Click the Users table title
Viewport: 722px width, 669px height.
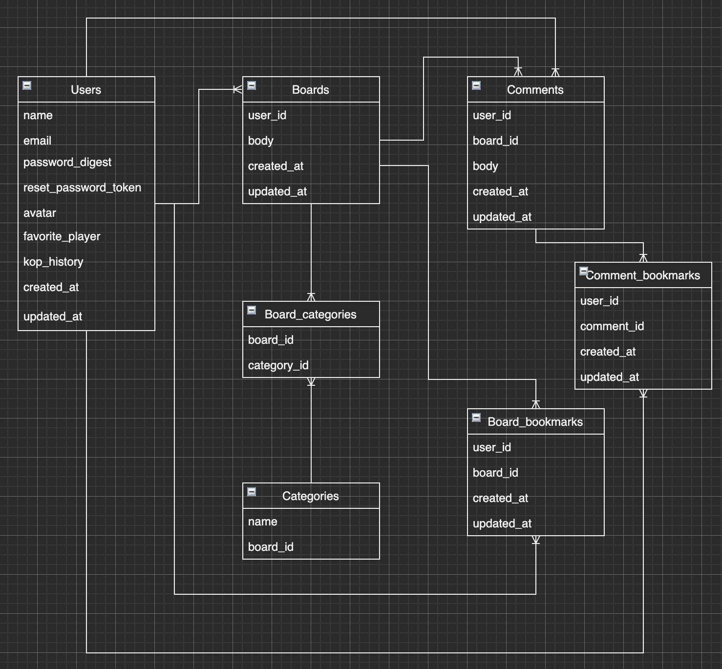[x=86, y=90]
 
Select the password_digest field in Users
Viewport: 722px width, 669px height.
[x=67, y=162]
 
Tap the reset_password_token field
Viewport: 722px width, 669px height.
[x=82, y=188]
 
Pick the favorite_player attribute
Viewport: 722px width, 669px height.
[x=62, y=236]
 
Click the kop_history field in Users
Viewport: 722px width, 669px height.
[x=53, y=262]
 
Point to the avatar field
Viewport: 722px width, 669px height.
[x=40, y=213]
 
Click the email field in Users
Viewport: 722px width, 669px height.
[x=37, y=141]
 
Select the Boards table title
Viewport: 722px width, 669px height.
[x=311, y=90]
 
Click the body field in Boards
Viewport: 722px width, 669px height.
[x=260, y=141]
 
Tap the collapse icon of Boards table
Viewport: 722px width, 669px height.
[x=252, y=85]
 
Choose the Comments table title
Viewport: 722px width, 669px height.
[x=535, y=90]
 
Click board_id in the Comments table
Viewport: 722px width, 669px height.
[x=495, y=141]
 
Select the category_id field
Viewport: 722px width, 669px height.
[x=278, y=365]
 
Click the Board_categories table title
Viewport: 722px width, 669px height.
[x=311, y=314]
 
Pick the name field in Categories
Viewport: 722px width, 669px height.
[x=262, y=522]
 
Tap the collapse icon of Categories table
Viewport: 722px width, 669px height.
[x=252, y=492]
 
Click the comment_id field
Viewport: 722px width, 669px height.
[x=612, y=326]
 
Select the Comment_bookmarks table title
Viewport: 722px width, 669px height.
[x=643, y=275]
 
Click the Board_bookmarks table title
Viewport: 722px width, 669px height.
[x=535, y=422]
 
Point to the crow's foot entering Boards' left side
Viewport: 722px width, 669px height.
[x=237, y=89]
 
